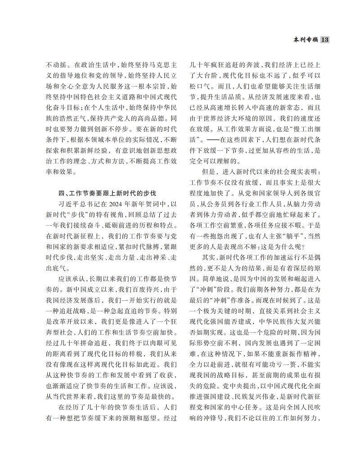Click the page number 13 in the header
click(326, 40)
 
